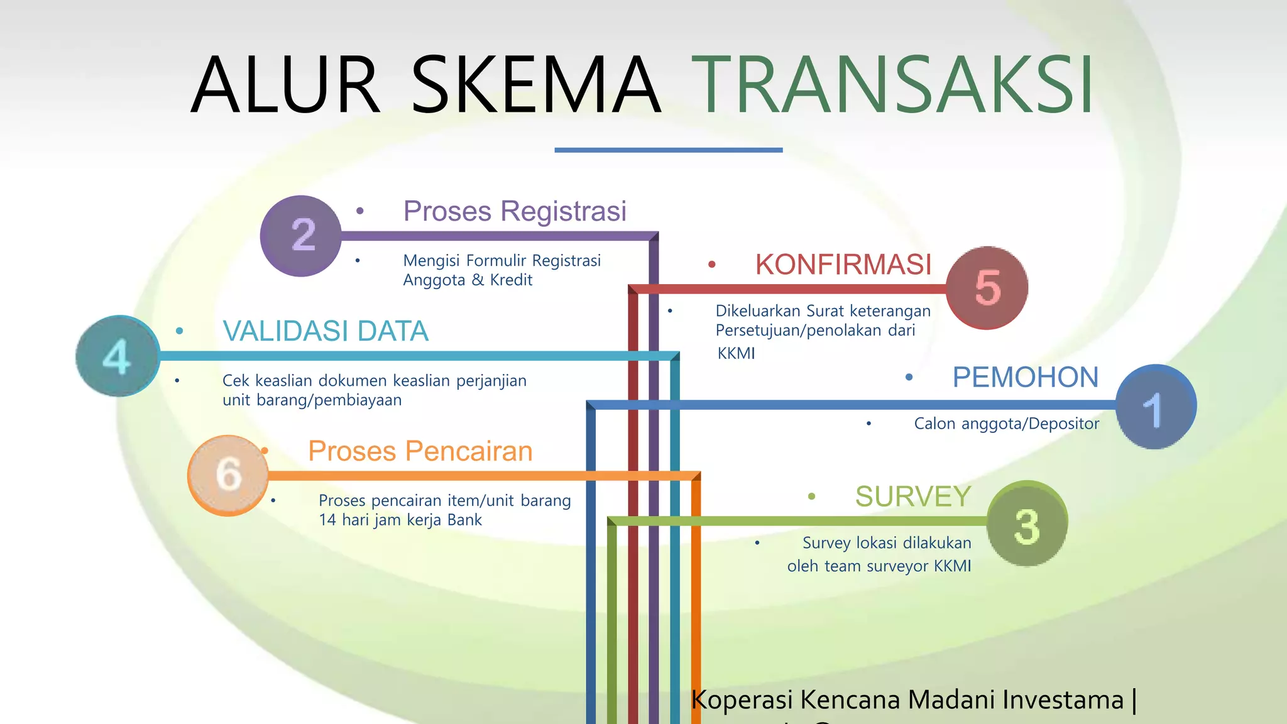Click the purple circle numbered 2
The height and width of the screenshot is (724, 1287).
click(x=301, y=236)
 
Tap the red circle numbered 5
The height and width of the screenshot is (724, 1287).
click(x=987, y=288)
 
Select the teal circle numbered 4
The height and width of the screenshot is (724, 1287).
click(x=118, y=356)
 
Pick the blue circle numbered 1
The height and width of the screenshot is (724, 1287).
click(x=1156, y=407)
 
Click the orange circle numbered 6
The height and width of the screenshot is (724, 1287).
click(x=228, y=476)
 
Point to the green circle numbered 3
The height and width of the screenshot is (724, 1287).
click(x=1027, y=524)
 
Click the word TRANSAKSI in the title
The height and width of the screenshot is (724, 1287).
click(x=892, y=85)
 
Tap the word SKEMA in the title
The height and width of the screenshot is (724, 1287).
click(x=536, y=85)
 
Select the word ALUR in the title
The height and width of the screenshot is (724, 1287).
click(x=285, y=85)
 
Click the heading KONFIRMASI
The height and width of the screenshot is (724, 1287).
click(x=843, y=265)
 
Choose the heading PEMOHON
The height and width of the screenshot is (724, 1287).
click(x=1025, y=377)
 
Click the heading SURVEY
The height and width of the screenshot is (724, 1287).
click(x=913, y=496)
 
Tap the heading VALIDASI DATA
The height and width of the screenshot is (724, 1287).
click(x=326, y=331)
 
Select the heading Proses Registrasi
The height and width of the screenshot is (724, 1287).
click(x=515, y=211)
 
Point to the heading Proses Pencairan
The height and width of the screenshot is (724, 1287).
click(x=420, y=451)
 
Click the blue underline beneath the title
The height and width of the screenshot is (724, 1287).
click(x=668, y=150)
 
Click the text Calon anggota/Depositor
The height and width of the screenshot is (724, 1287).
click(x=1006, y=424)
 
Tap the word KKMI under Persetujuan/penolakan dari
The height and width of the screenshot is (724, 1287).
click(x=736, y=353)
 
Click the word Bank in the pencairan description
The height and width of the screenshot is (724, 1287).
click(x=464, y=520)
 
